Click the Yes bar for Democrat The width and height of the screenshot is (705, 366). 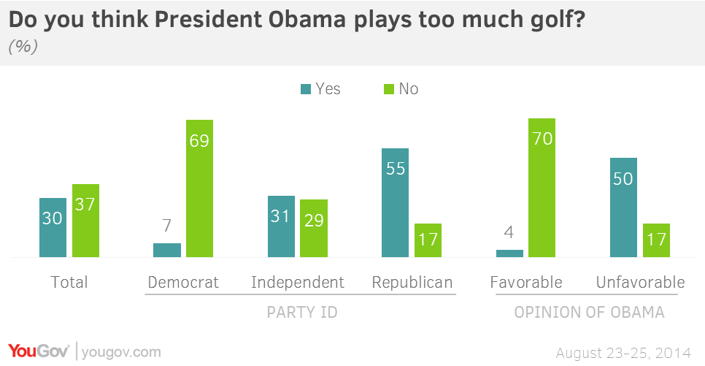(x=167, y=250)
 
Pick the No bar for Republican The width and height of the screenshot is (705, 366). (x=428, y=240)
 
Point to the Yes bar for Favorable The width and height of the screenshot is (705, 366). (x=509, y=253)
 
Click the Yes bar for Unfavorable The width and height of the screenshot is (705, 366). (x=624, y=207)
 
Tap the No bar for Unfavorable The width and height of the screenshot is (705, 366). (x=655, y=240)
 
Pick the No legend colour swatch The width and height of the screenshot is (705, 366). (x=388, y=89)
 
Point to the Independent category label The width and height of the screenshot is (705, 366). (x=297, y=282)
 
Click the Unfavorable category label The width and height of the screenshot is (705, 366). (x=640, y=282)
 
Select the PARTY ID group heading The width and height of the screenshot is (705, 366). (x=301, y=313)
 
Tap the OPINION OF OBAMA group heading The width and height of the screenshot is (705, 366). (x=589, y=313)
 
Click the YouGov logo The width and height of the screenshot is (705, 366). (x=39, y=351)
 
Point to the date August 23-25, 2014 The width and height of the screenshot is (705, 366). (x=623, y=353)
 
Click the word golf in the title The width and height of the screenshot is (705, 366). (x=546, y=21)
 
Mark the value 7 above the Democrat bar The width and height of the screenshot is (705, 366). (x=167, y=226)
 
